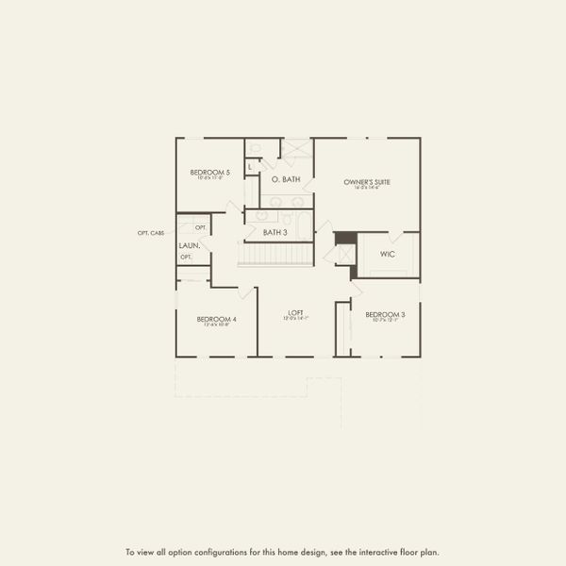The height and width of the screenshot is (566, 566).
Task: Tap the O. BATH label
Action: [x=285, y=178]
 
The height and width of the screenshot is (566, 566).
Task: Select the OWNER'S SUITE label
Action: [x=367, y=181]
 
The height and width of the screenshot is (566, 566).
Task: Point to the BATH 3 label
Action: [x=275, y=232]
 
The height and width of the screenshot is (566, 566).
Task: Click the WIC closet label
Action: [x=387, y=254]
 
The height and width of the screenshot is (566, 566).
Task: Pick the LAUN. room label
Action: [x=188, y=246]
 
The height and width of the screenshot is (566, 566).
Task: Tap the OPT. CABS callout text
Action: [x=151, y=233]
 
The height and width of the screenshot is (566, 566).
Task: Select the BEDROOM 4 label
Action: [x=216, y=319]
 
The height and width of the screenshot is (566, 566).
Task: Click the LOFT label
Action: [x=294, y=312]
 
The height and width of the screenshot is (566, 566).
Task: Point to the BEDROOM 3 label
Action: [x=385, y=314]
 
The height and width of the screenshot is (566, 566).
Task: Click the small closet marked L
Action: [x=250, y=167]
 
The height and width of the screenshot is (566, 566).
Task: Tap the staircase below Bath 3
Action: [x=275, y=254]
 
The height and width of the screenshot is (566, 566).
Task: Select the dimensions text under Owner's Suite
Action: [x=367, y=188]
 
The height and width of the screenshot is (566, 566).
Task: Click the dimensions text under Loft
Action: [x=294, y=319]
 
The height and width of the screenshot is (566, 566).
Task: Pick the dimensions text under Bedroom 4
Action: [x=216, y=325]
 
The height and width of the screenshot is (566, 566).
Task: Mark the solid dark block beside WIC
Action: [x=345, y=238]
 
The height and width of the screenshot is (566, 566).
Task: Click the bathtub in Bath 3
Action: [x=303, y=225]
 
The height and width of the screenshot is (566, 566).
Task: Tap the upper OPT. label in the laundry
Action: [x=200, y=228]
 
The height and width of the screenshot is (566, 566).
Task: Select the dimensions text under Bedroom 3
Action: [x=385, y=321]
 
